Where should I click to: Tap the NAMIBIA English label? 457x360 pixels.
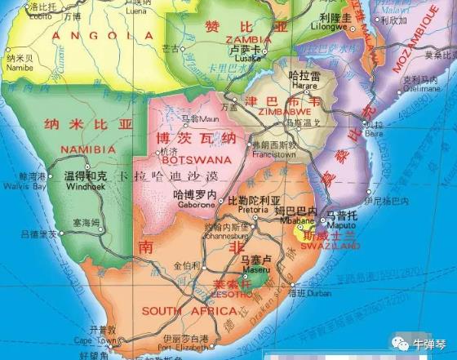pos(88,149)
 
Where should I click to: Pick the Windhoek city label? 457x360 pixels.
pos(86,185)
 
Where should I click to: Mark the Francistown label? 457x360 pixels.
pos(273,153)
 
